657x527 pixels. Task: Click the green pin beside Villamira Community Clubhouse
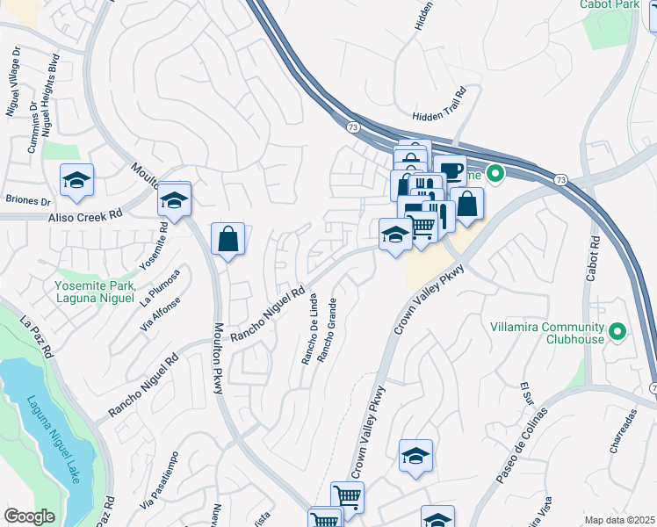[617, 331]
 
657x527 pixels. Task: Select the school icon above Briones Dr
[77, 180]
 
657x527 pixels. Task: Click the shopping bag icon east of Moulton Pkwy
[227, 238]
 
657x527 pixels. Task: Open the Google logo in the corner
[29, 516]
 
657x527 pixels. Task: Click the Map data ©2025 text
[619, 520]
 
